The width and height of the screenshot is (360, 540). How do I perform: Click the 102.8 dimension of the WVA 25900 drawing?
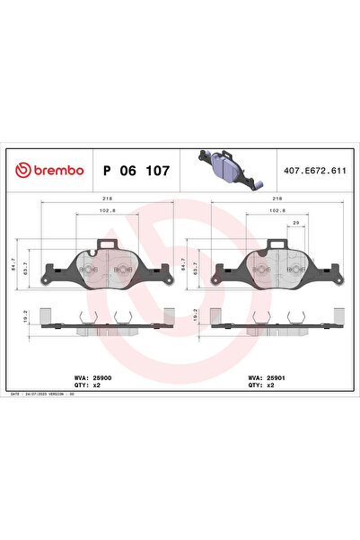coord(108,212)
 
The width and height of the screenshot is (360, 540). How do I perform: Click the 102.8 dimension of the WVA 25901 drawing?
coord(278,212)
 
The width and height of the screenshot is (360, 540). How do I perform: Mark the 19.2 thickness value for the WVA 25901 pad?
coord(196,316)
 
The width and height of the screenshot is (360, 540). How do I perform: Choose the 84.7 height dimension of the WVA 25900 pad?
coord(26,264)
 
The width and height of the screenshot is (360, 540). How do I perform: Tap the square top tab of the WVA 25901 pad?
coord(277,241)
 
